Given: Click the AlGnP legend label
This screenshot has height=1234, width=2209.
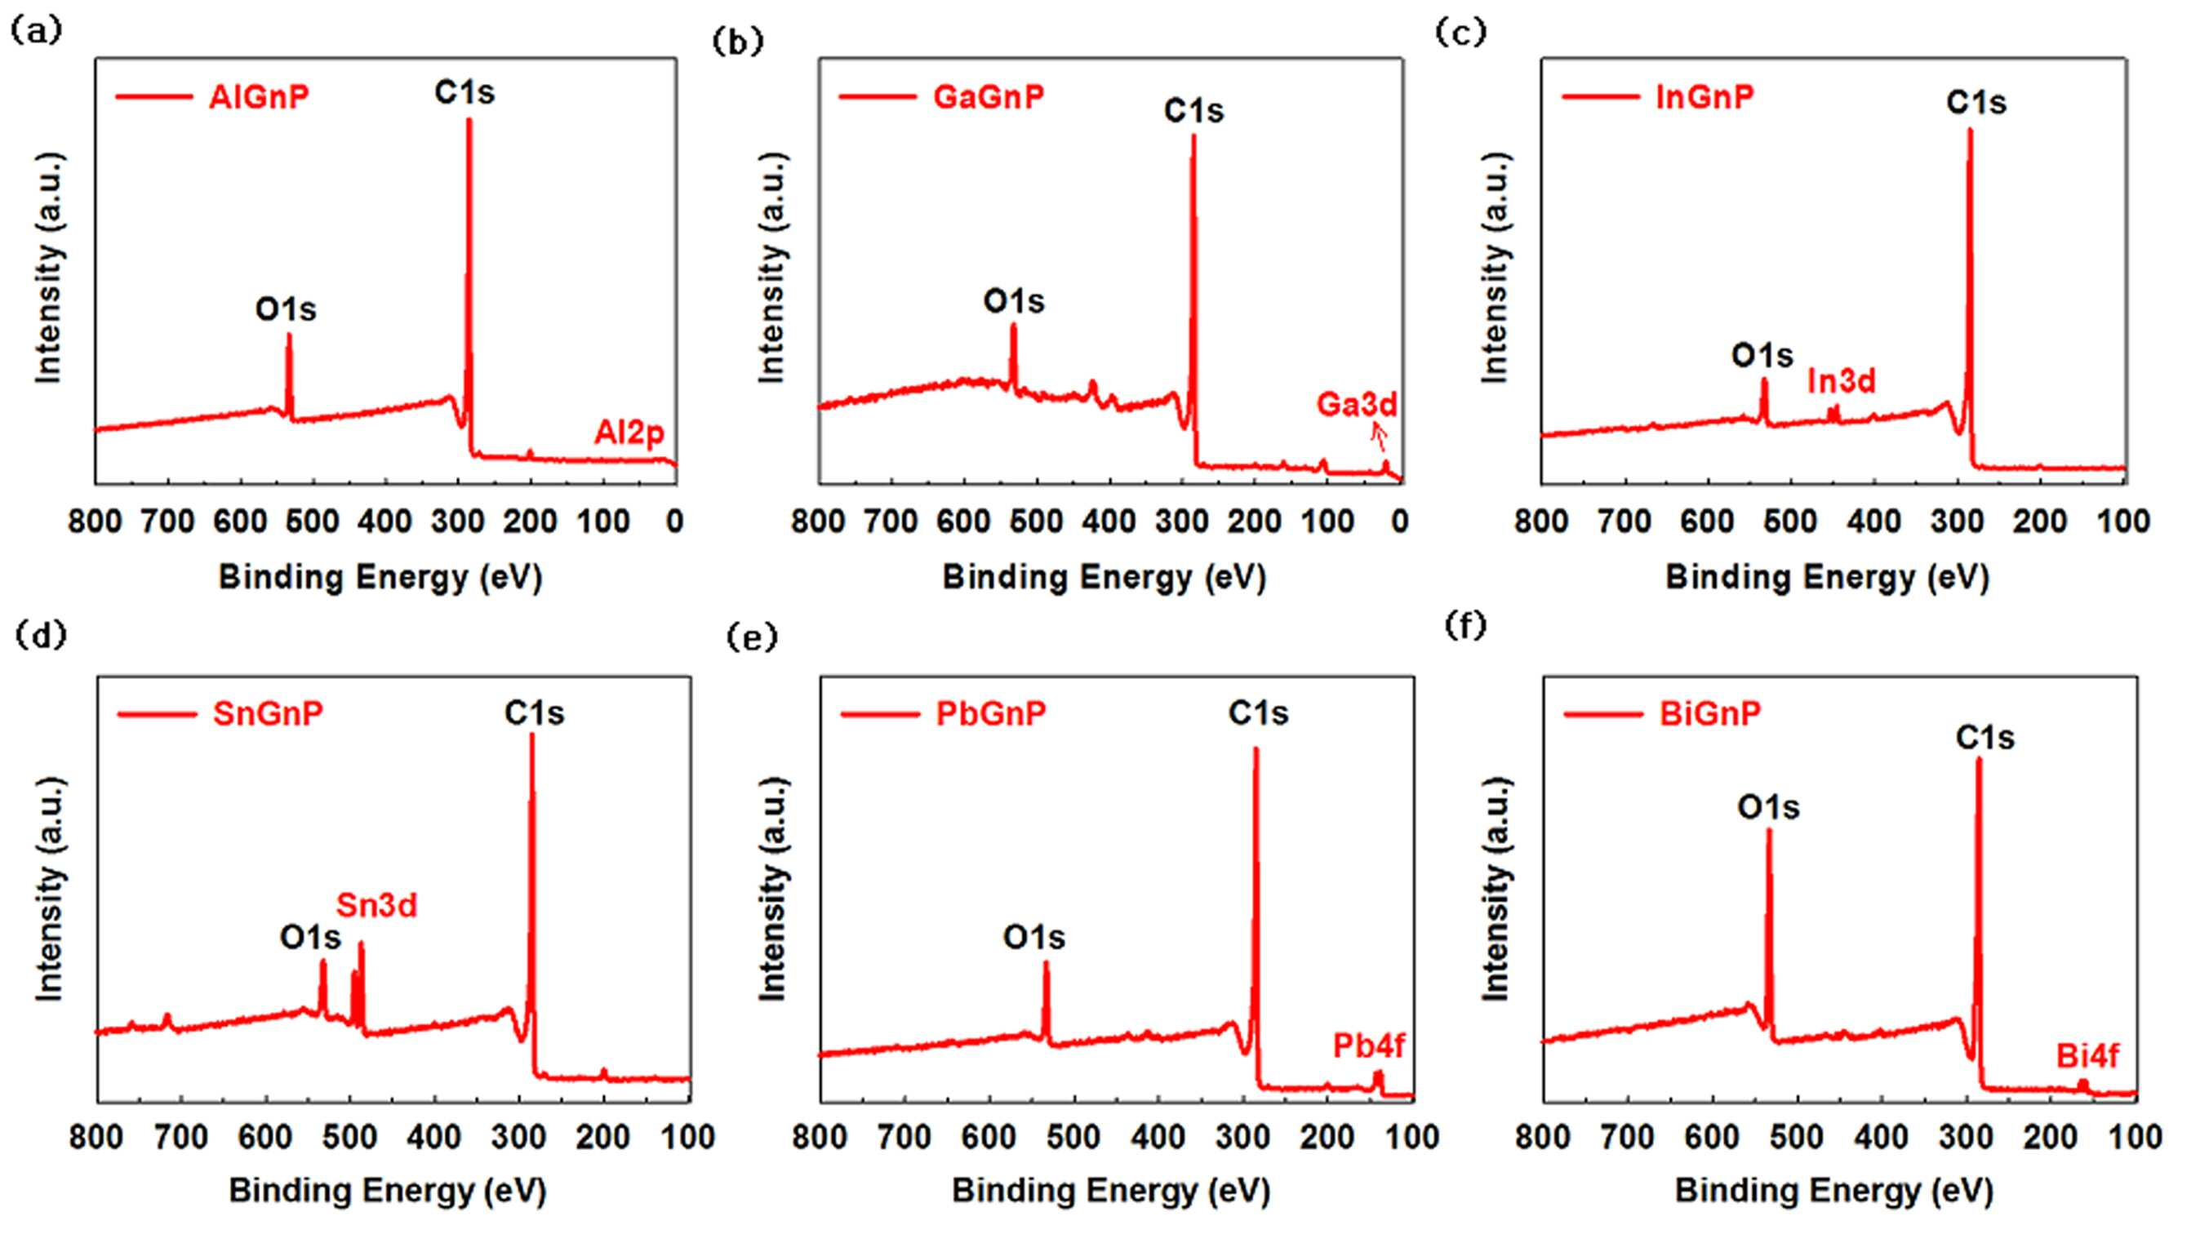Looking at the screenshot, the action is coord(258,97).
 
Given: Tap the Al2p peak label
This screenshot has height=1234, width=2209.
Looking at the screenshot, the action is coord(629,433).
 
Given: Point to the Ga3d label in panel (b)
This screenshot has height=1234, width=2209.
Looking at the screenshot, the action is coord(1357,404).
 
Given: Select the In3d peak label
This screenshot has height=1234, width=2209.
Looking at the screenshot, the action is coord(1841,381).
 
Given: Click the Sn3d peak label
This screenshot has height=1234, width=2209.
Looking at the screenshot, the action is coord(376,906).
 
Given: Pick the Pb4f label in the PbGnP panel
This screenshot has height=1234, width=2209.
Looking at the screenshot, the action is coord(1369,1045).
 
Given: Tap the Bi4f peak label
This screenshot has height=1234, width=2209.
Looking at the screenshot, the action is coord(2087,1056).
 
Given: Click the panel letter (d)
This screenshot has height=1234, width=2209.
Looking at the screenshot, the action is coord(39,636).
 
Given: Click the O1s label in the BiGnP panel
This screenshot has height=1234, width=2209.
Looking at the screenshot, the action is coord(1768,807).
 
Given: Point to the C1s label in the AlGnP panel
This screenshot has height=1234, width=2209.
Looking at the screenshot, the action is coord(464,91).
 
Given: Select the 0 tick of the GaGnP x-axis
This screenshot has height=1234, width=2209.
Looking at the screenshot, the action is coord(1399,521).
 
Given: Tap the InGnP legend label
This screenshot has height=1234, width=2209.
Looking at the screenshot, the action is coord(1705,97).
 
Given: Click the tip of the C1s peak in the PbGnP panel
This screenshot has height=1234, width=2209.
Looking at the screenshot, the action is coord(1256,748).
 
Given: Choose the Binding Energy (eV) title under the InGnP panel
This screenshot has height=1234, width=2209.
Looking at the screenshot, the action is coord(1828,577).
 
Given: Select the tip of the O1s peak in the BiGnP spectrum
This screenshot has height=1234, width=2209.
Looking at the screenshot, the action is coord(1768,828).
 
